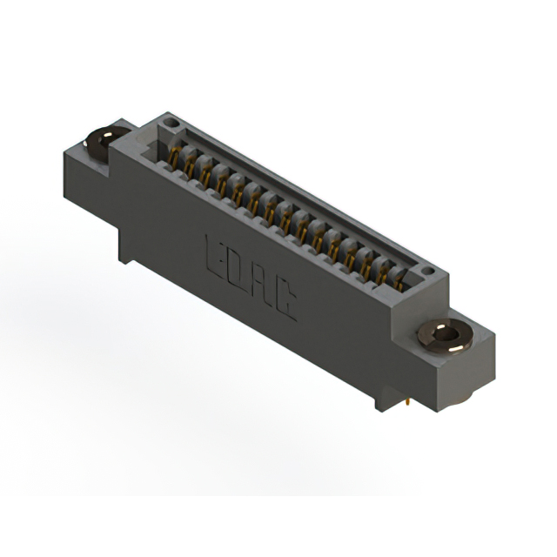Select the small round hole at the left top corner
[x=172, y=124]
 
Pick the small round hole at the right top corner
[x=427, y=272]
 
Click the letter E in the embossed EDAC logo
[x=214, y=253]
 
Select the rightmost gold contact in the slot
[x=399, y=280]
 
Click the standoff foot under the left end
[x=127, y=253]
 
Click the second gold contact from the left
[x=190, y=166]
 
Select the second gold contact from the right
[x=383, y=272]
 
